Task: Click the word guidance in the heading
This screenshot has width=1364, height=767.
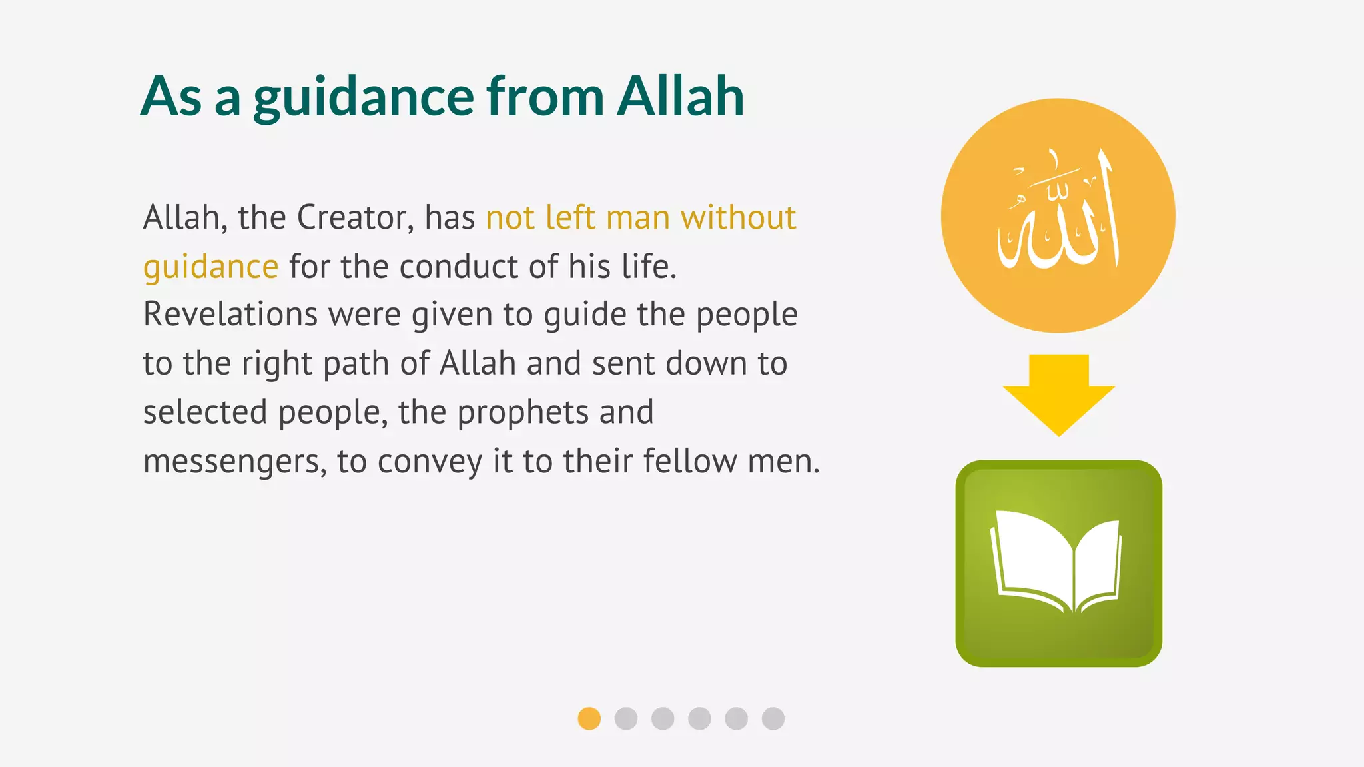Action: click(x=363, y=97)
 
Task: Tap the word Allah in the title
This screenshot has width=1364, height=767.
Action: click(x=680, y=96)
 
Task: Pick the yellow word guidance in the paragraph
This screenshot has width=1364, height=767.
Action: click(x=210, y=267)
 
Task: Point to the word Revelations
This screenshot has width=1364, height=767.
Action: click(x=230, y=314)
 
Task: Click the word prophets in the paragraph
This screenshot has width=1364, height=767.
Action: click(x=523, y=412)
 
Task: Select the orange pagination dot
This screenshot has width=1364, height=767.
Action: click(x=589, y=718)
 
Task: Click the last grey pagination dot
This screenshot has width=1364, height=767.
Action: click(x=773, y=718)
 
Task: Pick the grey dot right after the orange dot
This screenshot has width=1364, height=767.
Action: click(x=626, y=718)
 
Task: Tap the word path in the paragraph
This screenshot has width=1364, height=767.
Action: click(x=356, y=364)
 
